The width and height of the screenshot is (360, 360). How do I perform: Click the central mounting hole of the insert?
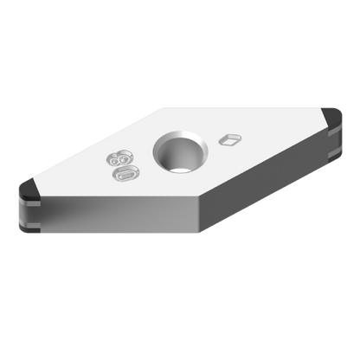pyautogui.click(x=179, y=154)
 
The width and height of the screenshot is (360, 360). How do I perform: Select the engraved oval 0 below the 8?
pyautogui.click(x=125, y=174)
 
